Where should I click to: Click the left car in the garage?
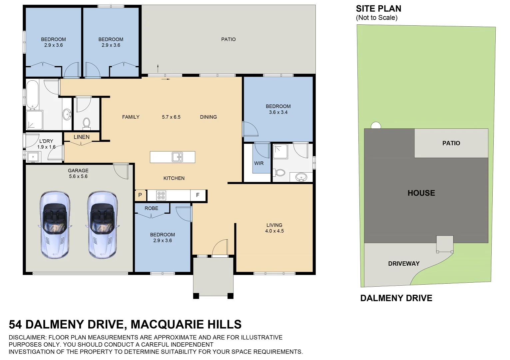[55, 225]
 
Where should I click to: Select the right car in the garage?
[102, 225]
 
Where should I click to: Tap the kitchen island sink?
[177, 157]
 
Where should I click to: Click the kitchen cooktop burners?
[161, 195]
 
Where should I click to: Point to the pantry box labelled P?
[140, 195]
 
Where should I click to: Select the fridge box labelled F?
[198, 195]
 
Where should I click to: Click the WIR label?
[259, 163]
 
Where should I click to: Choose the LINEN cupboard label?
[82, 137]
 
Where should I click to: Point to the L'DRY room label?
[46, 141]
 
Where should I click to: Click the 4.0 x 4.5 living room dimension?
[274, 231]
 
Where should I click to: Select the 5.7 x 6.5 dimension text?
[171, 117]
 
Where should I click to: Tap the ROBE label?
[152, 208]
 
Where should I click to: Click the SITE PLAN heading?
[379, 9]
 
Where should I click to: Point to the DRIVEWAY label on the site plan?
[404, 264]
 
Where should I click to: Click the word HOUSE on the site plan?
[421, 193]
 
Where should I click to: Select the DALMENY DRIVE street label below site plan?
[396, 298]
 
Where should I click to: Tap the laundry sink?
[33, 157]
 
